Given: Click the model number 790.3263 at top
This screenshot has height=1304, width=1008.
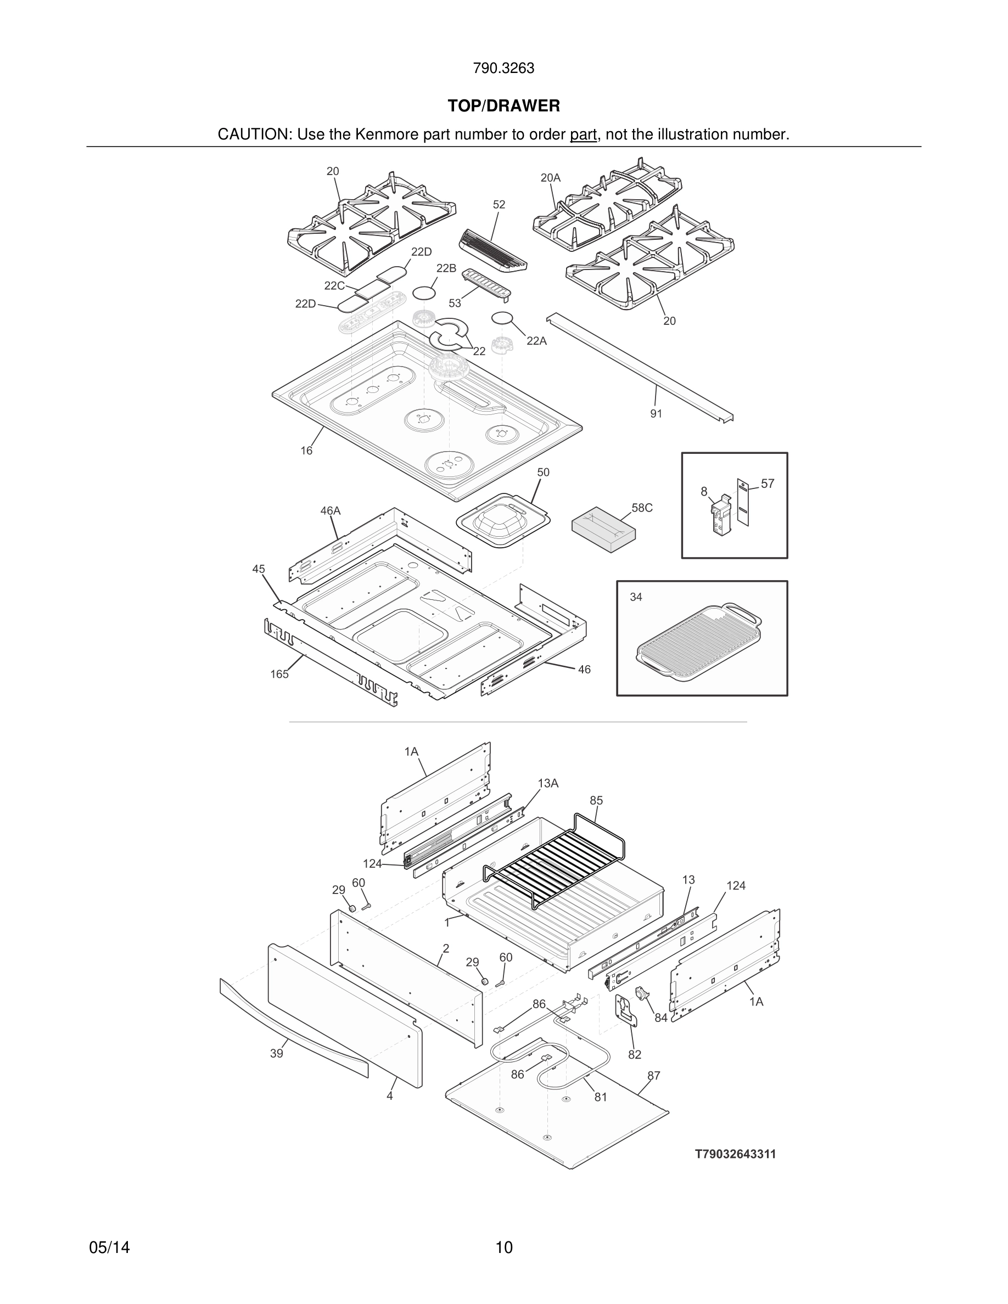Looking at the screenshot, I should (x=503, y=69).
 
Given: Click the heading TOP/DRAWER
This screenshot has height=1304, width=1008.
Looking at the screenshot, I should (x=503, y=106).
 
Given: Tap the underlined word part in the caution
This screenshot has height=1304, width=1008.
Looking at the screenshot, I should (x=583, y=135).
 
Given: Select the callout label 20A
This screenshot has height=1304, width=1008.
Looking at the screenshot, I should (x=550, y=178).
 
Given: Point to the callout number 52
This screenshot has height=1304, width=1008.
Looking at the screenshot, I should (x=499, y=205).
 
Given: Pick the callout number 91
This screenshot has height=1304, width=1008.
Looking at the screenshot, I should (x=656, y=414).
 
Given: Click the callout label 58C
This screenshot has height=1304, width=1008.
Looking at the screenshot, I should (x=642, y=508).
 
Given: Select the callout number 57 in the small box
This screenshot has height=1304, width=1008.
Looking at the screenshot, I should (x=768, y=484).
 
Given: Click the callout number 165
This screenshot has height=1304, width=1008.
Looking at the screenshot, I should (x=279, y=674).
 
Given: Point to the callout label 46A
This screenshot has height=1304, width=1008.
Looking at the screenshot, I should (x=330, y=511).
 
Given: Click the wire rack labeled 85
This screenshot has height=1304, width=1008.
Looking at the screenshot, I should (x=556, y=860).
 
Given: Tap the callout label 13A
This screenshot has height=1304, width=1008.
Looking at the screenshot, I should (x=547, y=783).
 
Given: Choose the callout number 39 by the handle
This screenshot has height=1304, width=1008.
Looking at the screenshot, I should (x=276, y=1054).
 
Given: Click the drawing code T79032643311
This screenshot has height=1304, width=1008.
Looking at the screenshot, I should (x=735, y=1154).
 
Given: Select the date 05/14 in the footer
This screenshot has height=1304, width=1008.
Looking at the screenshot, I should (x=109, y=1247).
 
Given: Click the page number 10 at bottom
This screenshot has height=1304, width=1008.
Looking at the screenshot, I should (x=504, y=1247).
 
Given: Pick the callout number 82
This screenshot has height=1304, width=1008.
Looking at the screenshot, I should (x=634, y=1055).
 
